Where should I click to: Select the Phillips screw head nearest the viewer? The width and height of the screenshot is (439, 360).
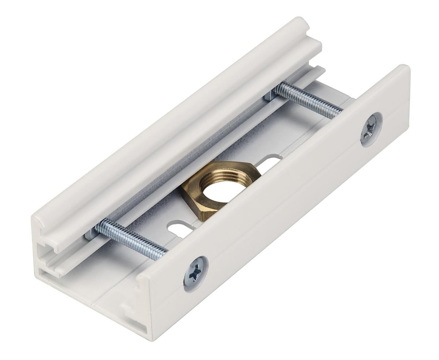195,272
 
